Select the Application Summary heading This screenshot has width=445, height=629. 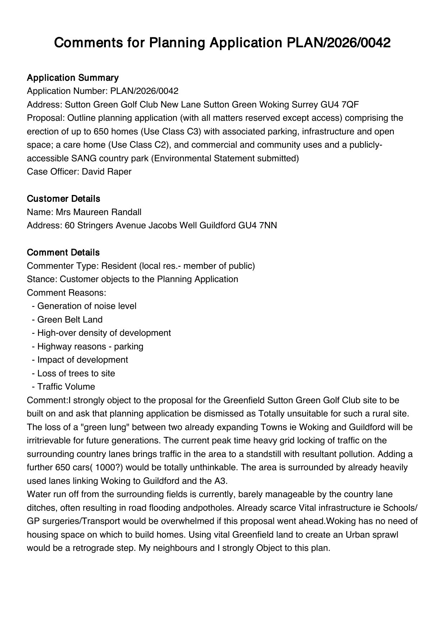[x=72, y=78]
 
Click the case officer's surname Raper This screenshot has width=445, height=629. [x=120, y=172]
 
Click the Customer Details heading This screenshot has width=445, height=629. [x=64, y=199]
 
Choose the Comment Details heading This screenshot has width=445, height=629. [x=63, y=253]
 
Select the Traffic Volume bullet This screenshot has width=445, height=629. [x=66, y=387]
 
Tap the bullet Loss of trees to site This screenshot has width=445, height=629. [x=76, y=373]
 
